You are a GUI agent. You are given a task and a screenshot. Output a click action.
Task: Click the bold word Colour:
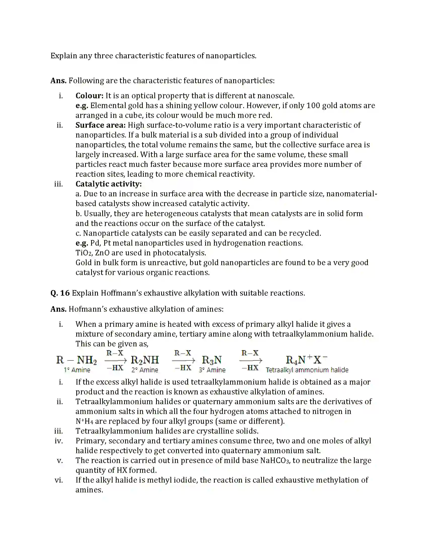point(89,96)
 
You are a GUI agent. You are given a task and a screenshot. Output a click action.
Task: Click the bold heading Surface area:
point(100,125)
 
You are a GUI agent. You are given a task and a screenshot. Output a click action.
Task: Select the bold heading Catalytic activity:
point(109,184)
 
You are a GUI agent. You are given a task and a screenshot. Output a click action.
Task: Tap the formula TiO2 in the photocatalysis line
point(83,253)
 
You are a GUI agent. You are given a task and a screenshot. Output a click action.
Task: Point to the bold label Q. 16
point(60,293)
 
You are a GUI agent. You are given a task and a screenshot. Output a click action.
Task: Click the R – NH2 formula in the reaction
point(76,360)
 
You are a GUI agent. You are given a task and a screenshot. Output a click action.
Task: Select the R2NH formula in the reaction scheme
point(145,360)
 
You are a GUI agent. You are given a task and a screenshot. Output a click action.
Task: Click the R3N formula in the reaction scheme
point(212,360)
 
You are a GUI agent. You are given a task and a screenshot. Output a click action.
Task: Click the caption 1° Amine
point(77,370)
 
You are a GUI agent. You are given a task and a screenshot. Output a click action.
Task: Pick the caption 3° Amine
point(212,370)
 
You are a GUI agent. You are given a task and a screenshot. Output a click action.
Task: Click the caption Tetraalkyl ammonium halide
point(307,370)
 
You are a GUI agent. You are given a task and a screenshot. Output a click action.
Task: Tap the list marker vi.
point(59,480)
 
